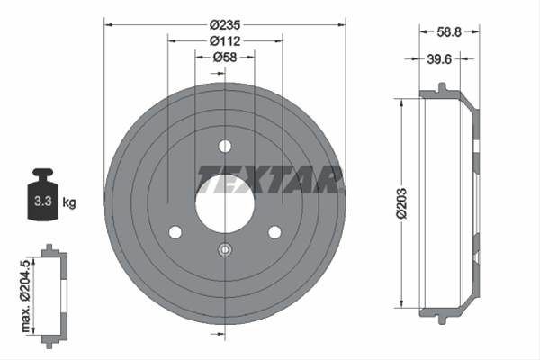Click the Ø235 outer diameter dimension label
[x=225, y=25]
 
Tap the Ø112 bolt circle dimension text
[x=225, y=41]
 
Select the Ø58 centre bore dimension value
[x=225, y=58]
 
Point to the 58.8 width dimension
[x=449, y=32]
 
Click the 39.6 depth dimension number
[x=439, y=59]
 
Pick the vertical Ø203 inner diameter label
[x=401, y=203]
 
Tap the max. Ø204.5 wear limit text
[x=26, y=296]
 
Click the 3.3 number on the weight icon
[x=43, y=201]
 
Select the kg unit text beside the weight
[x=69, y=202]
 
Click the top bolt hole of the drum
[x=225, y=146]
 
